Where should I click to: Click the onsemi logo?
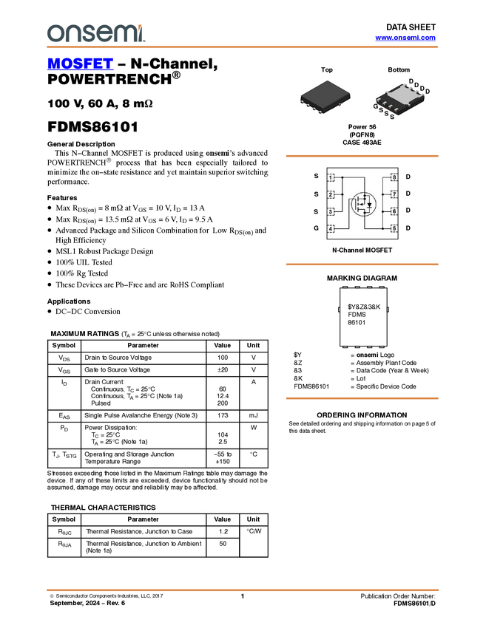point(95,33)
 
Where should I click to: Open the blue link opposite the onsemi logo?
point(405,38)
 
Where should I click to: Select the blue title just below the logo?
point(80,64)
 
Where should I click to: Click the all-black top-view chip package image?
point(325,97)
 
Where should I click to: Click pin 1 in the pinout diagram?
point(331,178)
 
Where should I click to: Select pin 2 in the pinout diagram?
point(331,194)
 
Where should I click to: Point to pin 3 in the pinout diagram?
point(331,211)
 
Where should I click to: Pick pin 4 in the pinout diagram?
point(331,228)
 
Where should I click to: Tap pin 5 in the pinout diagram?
point(394,228)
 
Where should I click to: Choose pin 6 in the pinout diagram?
point(394,211)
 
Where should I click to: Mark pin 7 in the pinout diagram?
point(394,194)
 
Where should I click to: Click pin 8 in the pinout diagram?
point(394,178)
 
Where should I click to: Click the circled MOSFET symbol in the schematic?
point(362,203)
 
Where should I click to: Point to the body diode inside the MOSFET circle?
point(369,205)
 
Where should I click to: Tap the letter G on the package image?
point(376,106)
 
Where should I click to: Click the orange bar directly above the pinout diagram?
point(362,156)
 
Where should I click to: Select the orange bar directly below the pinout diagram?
point(362,264)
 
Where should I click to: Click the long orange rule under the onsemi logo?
point(243,47)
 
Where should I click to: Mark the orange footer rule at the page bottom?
point(243,590)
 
